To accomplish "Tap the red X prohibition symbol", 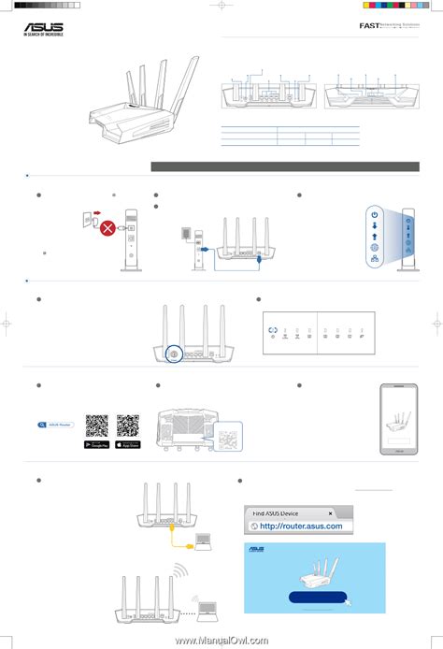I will [108, 227].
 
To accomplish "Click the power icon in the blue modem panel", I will [374, 214].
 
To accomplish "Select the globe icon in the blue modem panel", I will [374, 249].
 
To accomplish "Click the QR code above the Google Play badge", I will [96, 425].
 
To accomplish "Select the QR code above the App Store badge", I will [127, 425].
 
